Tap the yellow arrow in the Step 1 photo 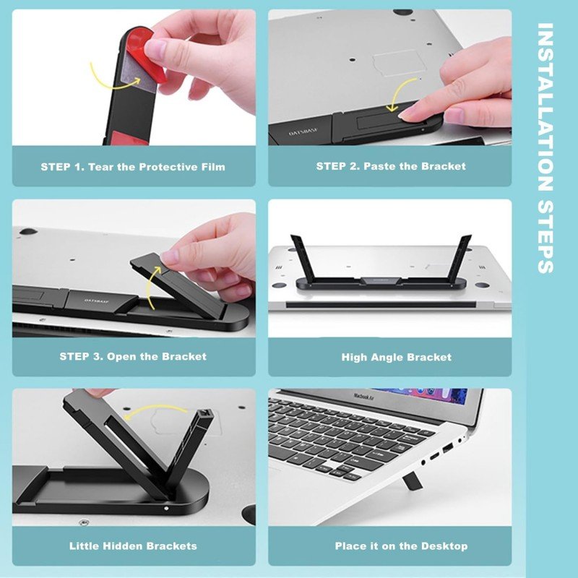pos(111,83)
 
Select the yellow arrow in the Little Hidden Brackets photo pos(155,408)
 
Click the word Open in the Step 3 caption pos(121,357)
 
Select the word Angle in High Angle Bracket pos(387,357)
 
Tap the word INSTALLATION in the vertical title pos(545,107)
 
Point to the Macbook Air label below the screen pos(364,397)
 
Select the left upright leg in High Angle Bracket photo pos(301,258)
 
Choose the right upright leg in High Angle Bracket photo pos(460,258)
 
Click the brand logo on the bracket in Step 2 pos(303,132)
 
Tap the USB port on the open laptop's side pos(447,449)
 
